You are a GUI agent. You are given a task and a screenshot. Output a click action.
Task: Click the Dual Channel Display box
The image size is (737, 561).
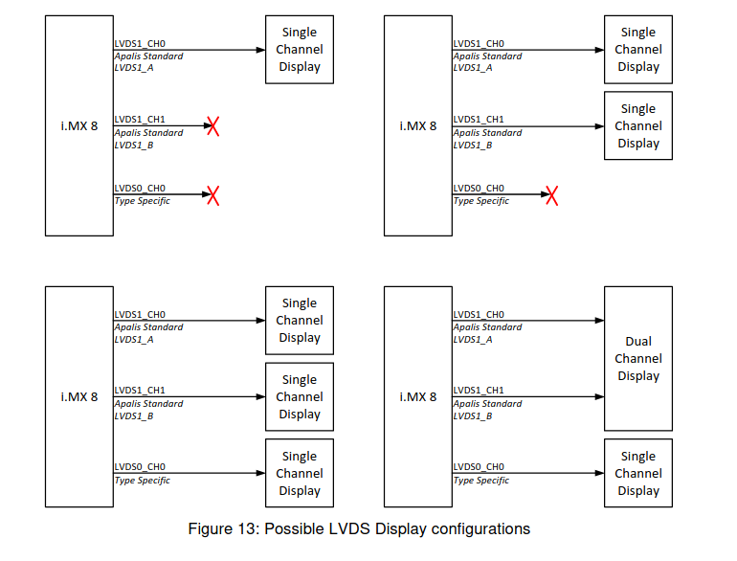click(637, 358)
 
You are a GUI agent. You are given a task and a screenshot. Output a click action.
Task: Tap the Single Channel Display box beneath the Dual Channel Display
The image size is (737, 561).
click(637, 473)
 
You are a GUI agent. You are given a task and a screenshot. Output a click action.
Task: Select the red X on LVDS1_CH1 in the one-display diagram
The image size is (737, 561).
click(212, 125)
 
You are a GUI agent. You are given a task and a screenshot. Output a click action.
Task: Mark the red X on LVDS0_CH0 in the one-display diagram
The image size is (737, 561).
click(212, 195)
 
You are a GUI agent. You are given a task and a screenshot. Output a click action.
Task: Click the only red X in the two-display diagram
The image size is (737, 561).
click(551, 195)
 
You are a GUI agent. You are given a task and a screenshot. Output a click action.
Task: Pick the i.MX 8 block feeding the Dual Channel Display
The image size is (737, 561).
click(417, 396)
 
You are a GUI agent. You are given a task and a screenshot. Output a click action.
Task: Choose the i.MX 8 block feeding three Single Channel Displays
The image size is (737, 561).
click(79, 396)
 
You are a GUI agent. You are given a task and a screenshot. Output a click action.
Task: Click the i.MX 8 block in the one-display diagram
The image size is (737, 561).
click(79, 125)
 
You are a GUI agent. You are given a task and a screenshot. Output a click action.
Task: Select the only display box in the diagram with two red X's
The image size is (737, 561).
click(299, 50)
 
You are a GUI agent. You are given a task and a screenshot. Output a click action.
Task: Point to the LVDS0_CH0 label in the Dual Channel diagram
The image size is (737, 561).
click(478, 467)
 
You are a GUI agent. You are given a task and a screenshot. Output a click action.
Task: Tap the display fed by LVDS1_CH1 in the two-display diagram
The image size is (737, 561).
click(637, 125)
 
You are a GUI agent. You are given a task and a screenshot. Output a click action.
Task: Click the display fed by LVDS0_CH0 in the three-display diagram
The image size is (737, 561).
click(299, 473)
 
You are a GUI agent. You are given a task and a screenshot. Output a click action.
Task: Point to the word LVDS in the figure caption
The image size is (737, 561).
click(351, 529)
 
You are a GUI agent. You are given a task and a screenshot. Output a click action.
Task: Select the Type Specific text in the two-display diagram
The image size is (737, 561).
click(480, 201)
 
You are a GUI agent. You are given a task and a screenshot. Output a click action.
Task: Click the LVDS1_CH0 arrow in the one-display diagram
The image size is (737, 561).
click(191, 50)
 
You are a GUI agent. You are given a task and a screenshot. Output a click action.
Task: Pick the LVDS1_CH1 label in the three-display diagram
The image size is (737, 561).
click(140, 391)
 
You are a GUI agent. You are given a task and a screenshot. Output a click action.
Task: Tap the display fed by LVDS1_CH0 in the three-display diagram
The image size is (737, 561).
click(299, 320)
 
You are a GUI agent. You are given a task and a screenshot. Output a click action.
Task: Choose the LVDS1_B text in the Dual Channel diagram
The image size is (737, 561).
click(472, 415)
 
